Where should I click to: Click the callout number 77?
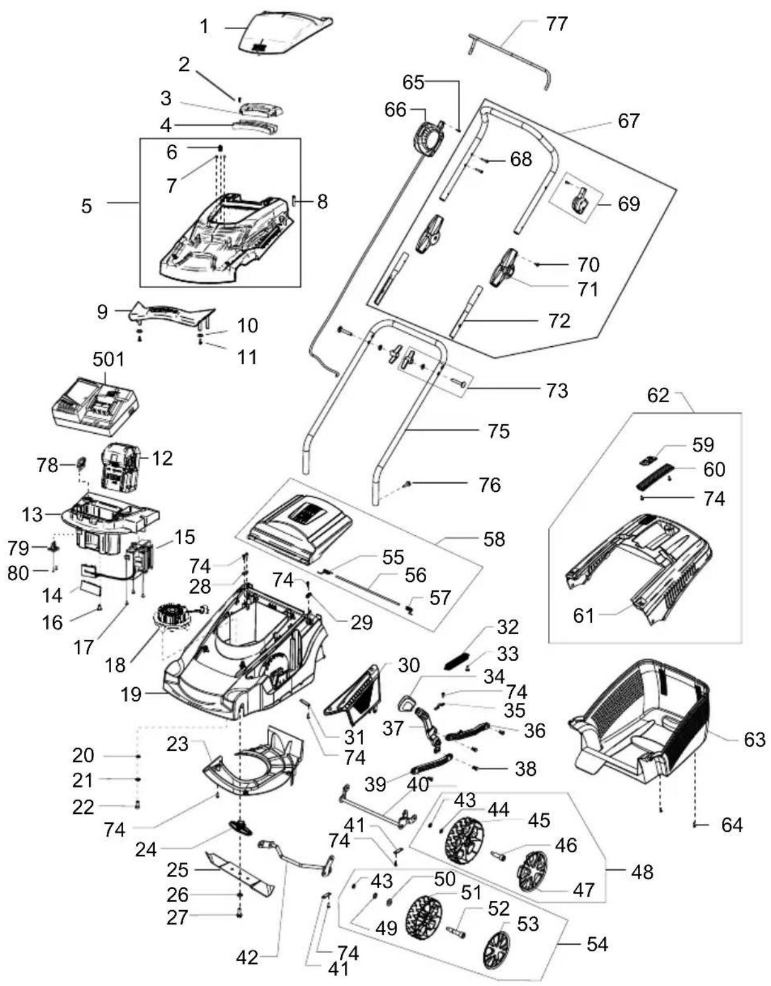coord(557,24)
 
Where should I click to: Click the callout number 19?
coord(131,694)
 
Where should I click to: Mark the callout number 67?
coord(629,121)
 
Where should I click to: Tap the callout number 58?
coord(494,539)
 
